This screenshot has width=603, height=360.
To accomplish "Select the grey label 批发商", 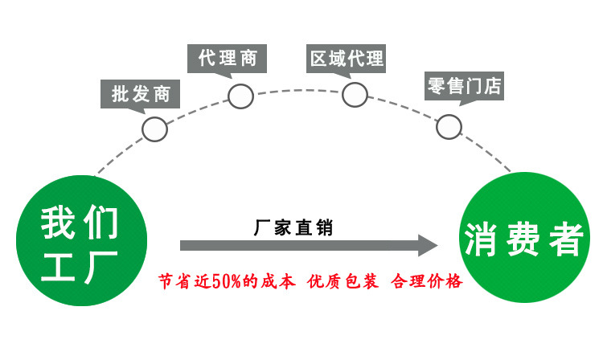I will pyautogui.click(x=141, y=93).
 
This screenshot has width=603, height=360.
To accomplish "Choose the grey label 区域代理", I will pyautogui.click(x=347, y=59).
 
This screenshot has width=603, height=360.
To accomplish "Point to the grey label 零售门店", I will pyautogui.click(x=465, y=84).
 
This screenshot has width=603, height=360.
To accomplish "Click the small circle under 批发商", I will pyautogui.click(x=154, y=129).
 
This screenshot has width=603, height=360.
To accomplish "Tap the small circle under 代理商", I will pyautogui.click(x=240, y=96).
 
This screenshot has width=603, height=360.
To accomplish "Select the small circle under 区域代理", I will pyautogui.click(x=355, y=94).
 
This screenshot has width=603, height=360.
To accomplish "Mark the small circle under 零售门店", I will pyautogui.click(x=449, y=126).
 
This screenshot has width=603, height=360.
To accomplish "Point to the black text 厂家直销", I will pyautogui.click(x=293, y=227).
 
